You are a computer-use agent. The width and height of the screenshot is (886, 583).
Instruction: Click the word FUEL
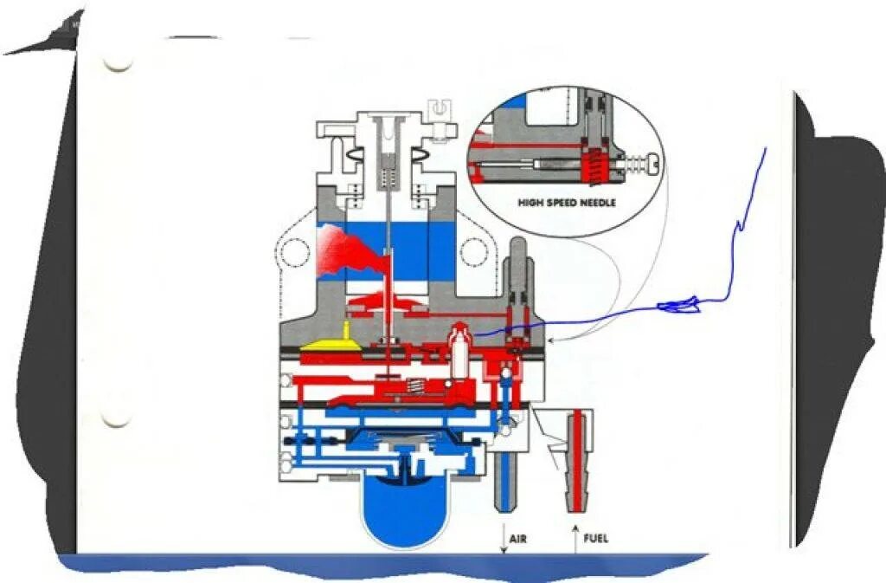595,538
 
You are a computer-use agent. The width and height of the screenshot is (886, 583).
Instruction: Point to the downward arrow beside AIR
503,538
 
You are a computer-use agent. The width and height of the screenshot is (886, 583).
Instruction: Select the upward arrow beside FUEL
575,538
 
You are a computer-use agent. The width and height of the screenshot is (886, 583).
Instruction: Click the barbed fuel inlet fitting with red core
578,463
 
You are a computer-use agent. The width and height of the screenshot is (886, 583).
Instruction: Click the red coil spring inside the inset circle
594,165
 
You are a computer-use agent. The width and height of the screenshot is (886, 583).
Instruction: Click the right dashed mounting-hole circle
474,252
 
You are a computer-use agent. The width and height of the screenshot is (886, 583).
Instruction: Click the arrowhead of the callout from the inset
551,341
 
